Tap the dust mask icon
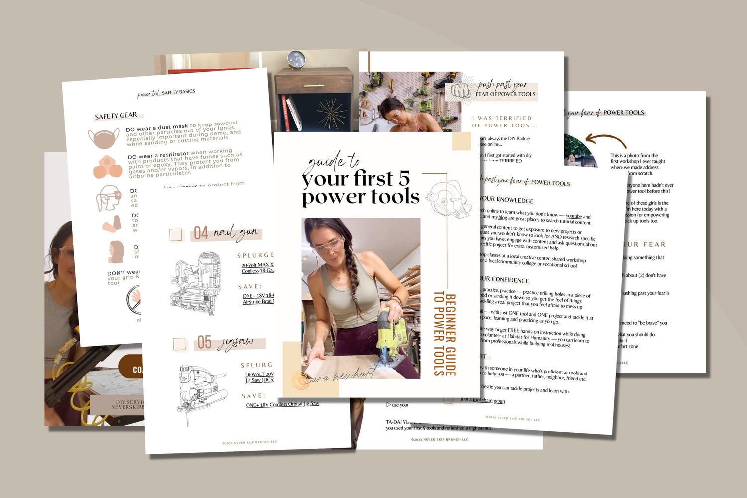[x=104, y=138]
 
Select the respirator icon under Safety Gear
[x=108, y=168]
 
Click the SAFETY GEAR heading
[x=116, y=116]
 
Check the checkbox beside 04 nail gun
[x=176, y=235]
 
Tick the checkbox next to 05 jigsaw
[x=179, y=344]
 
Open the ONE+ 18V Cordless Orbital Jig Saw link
[x=282, y=404]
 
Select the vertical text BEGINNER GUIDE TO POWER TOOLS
[x=444, y=334]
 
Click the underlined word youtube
[x=574, y=216]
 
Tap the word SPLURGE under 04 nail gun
[x=255, y=255]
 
